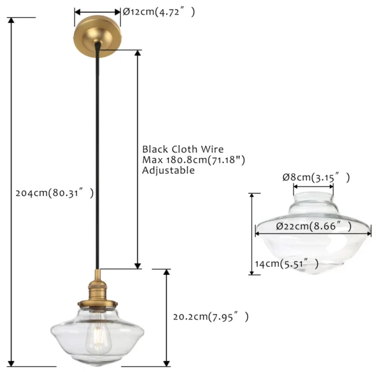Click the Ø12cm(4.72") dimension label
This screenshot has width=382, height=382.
[159, 11]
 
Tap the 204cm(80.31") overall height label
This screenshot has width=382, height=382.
[55, 193]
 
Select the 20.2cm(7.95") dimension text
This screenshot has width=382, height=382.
[211, 316]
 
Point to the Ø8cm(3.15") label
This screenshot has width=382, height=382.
[316, 177]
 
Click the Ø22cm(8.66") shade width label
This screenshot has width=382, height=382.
[314, 226]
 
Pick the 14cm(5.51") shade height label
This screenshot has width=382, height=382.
[286, 264]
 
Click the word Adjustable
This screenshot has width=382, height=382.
[168, 170]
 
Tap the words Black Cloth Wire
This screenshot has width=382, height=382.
[183, 149]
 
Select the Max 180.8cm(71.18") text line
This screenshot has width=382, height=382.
[194, 160]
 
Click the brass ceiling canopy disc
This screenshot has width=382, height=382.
[97, 36]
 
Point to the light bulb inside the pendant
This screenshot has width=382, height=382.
[97, 334]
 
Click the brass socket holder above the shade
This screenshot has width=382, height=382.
[97, 292]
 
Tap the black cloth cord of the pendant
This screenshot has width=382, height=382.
[97, 156]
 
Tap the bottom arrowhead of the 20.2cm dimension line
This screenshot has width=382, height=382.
[166, 363]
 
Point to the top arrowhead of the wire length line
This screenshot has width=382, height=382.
[138, 53]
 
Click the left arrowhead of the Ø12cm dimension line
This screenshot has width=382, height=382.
[78, 11]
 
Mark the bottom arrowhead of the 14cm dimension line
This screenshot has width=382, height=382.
[252, 272]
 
